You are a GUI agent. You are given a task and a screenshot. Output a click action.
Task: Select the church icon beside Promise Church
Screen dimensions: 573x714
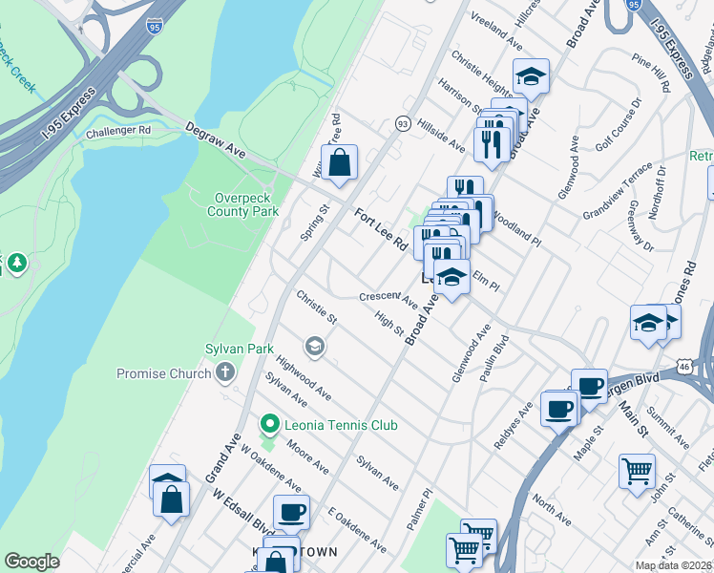coord(224,372)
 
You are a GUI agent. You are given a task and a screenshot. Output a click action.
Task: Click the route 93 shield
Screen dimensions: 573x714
coord(403,124)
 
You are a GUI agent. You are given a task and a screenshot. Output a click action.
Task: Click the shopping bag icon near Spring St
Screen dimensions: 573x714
coord(339,164)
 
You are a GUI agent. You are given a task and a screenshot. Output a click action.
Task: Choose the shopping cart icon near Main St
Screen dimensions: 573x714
coord(637,471)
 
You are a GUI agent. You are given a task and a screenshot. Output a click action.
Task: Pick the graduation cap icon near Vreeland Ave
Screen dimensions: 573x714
coord(531,75)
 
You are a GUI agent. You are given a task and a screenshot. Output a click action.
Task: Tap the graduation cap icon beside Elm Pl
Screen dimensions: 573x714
coord(452,278)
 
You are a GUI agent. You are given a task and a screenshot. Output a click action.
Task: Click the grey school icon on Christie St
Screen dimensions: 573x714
coord(314,345)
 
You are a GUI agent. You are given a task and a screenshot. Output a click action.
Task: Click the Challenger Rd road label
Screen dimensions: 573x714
coord(118,131)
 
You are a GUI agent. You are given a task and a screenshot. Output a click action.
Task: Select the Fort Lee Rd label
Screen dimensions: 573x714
coord(381,230)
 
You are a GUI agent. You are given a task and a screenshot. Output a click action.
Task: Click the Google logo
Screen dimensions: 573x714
coord(31,562)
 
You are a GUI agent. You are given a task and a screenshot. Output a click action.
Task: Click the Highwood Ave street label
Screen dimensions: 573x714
coord(303,379)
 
